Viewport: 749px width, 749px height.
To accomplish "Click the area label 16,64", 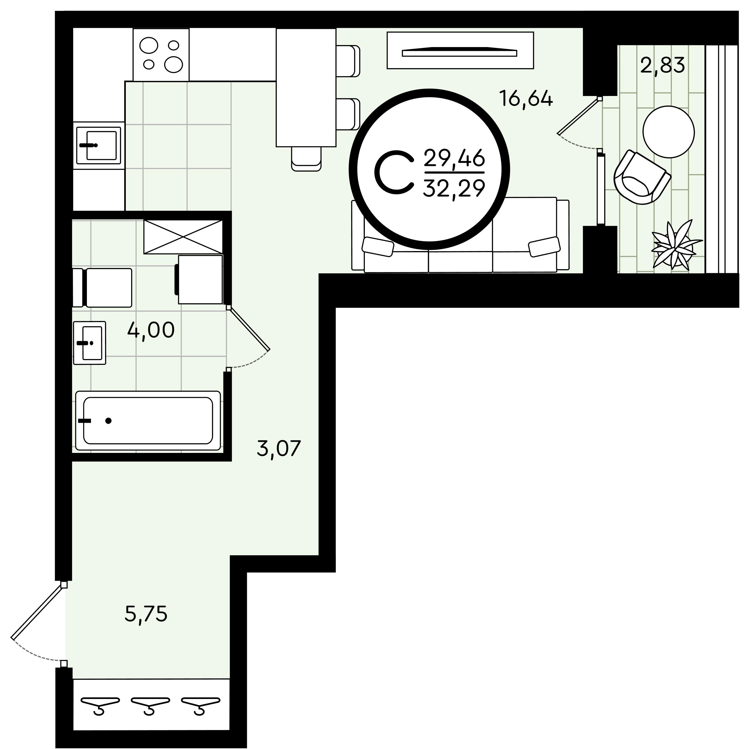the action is pyautogui.click(x=526, y=99).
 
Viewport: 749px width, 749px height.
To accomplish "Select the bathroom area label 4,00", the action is pyautogui.click(x=151, y=330).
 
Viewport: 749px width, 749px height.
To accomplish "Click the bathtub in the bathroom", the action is pyautogui.click(x=148, y=421).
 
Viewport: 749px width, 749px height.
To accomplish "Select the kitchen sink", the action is pyautogui.click(x=99, y=145).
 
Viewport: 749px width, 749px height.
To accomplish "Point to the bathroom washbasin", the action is pyautogui.click(x=90, y=343).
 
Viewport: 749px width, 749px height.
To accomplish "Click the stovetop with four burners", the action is pyautogui.click(x=161, y=55).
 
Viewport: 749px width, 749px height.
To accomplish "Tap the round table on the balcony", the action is pyautogui.click(x=668, y=132).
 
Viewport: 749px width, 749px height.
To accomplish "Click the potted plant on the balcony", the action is pyautogui.click(x=676, y=245).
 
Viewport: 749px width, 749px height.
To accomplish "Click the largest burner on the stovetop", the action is pyautogui.click(x=173, y=64).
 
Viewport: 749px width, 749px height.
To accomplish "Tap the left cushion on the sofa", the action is pyautogui.click(x=378, y=247).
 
